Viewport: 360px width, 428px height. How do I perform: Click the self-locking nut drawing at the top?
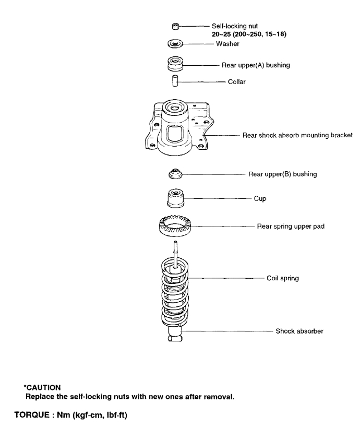(175, 26)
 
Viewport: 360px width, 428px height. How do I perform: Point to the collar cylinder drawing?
(176, 82)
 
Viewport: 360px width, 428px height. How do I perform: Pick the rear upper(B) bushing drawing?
(176, 174)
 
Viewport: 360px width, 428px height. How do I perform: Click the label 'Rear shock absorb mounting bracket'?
(297, 135)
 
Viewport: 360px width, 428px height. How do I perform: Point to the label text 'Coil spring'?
(282, 278)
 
